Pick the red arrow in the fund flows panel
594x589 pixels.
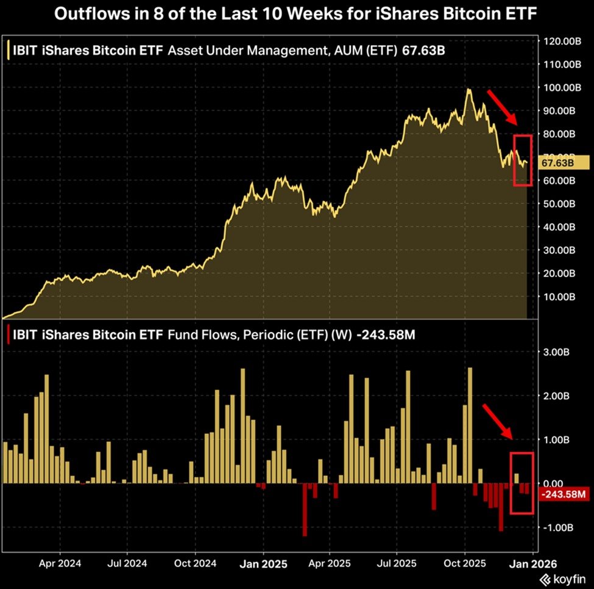tap(498, 421)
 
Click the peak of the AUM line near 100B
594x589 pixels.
tap(468, 90)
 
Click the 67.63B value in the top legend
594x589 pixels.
tap(424, 51)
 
